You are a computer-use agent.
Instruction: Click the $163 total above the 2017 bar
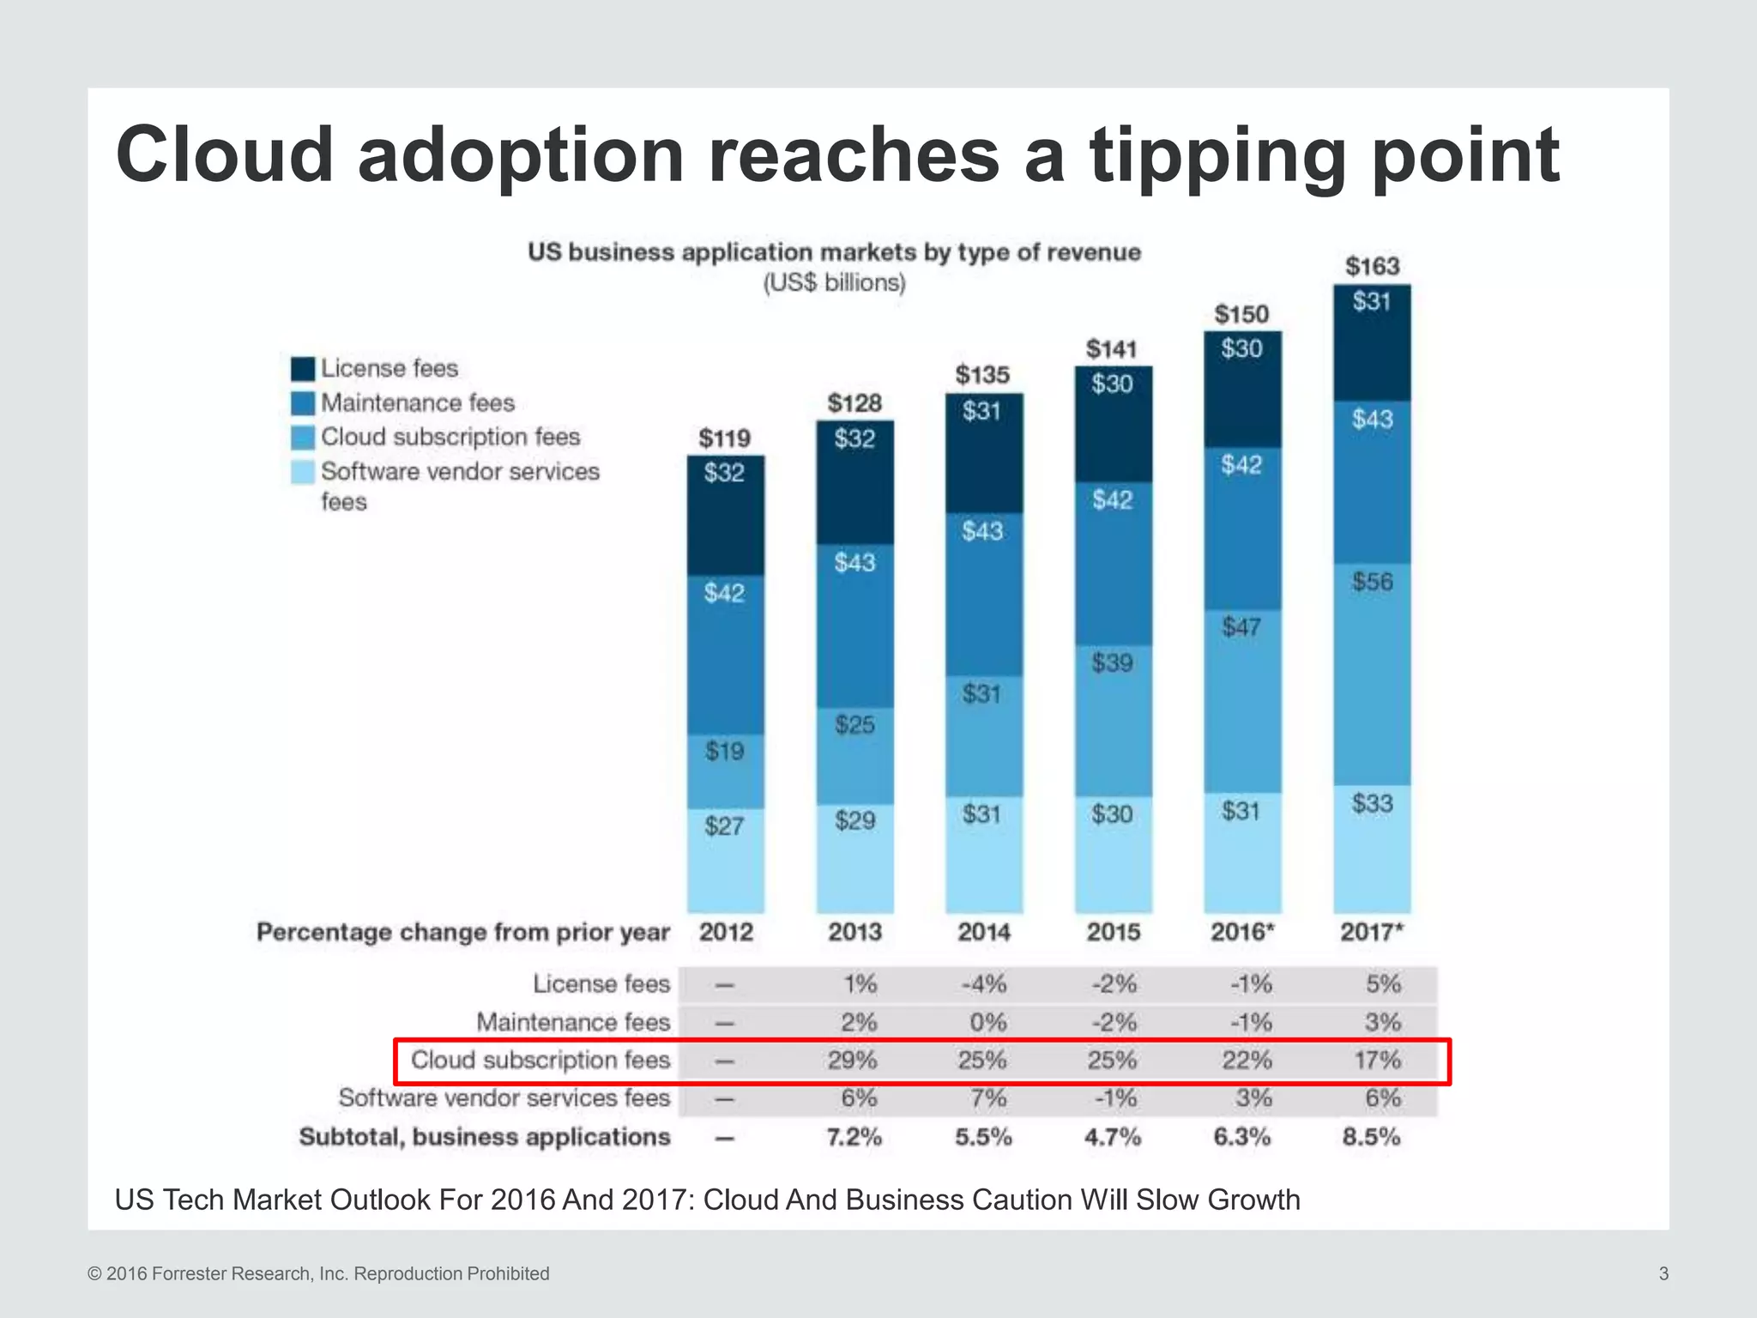pyautogui.click(x=1372, y=266)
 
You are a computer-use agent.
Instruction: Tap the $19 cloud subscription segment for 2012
pyautogui.click(x=725, y=771)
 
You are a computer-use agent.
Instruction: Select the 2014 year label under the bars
pyautogui.click(x=984, y=932)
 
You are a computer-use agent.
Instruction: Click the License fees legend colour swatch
pyautogui.click(x=303, y=369)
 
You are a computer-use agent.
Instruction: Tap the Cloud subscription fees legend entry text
pyautogui.click(x=450, y=437)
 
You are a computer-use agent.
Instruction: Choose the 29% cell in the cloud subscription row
pyautogui.click(x=852, y=1061)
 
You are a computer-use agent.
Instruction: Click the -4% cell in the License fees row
pyautogui.click(x=984, y=983)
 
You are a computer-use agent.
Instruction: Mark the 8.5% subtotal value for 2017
pyautogui.click(x=1371, y=1137)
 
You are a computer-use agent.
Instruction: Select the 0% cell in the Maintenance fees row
pyautogui.click(x=987, y=1022)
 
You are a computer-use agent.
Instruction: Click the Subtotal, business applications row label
pyautogui.click(x=485, y=1137)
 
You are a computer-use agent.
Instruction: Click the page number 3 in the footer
pyautogui.click(x=1663, y=1273)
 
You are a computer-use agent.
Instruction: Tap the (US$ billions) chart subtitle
pyautogui.click(x=834, y=282)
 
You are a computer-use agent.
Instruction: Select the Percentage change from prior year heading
pyautogui.click(x=463, y=932)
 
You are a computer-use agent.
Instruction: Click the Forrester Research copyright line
pyautogui.click(x=318, y=1273)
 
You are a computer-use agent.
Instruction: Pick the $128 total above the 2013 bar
pyautogui.click(x=854, y=402)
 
